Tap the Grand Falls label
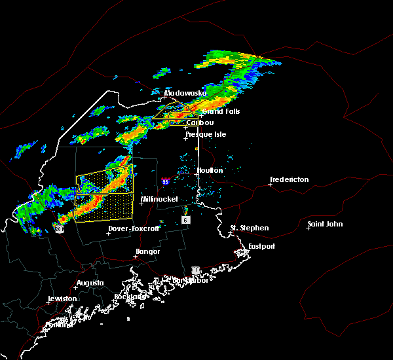(221, 111)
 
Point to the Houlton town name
(210, 170)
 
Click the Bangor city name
(147, 251)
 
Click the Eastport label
(261, 246)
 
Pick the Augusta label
(90, 283)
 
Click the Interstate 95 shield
(166, 181)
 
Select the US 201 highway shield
(59, 229)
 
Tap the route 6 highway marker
(186, 221)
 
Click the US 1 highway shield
(195, 270)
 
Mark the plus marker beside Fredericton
(271, 184)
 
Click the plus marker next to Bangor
(135, 256)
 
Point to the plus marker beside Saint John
(308, 228)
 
